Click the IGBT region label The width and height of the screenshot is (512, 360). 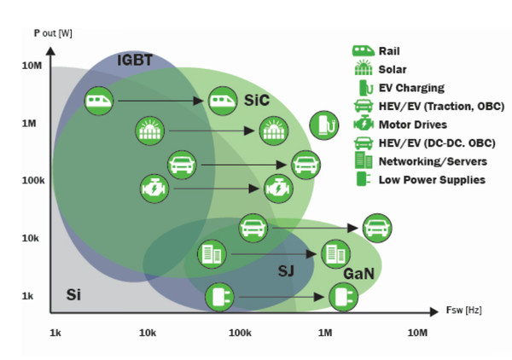pos(137,61)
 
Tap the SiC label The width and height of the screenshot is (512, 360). pos(256,99)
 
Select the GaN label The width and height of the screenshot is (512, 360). pos(357,275)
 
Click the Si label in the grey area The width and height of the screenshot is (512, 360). pos(74,295)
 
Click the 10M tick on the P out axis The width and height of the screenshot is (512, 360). pos(32,66)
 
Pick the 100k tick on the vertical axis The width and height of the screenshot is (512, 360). pos(32,181)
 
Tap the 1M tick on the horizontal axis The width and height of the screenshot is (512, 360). pos(324,331)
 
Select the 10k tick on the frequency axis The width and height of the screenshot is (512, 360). pos(148,331)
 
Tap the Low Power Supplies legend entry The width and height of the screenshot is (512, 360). pos(431,179)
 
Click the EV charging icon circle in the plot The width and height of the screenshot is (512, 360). pos(323,125)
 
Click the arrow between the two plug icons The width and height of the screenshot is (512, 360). pos(281,297)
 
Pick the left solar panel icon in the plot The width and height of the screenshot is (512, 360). pos(148,131)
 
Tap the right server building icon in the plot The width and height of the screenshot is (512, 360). pos(334,253)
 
